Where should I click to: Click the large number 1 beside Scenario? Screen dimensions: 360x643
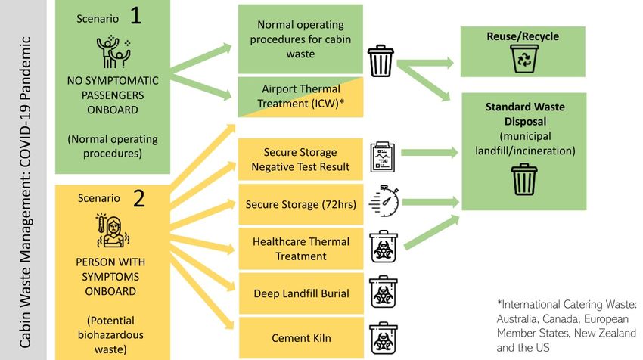pyautogui.click(x=136, y=17)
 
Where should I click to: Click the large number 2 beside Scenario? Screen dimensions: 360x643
pyautogui.click(x=138, y=198)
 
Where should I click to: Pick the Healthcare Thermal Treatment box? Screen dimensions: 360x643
pyautogui.click(x=301, y=249)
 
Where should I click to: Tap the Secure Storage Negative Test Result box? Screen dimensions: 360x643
pyautogui.click(x=301, y=160)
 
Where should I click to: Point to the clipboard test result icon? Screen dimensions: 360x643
pyautogui.click(x=382, y=157)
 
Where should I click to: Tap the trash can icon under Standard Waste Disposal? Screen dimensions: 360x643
pyautogui.click(x=523, y=180)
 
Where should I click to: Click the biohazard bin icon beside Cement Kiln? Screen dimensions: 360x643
pyautogui.click(x=382, y=338)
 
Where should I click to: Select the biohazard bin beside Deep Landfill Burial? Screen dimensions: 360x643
pyautogui.click(x=382, y=293)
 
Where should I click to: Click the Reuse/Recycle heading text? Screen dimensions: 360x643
pyautogui.click(x=523, y=36)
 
